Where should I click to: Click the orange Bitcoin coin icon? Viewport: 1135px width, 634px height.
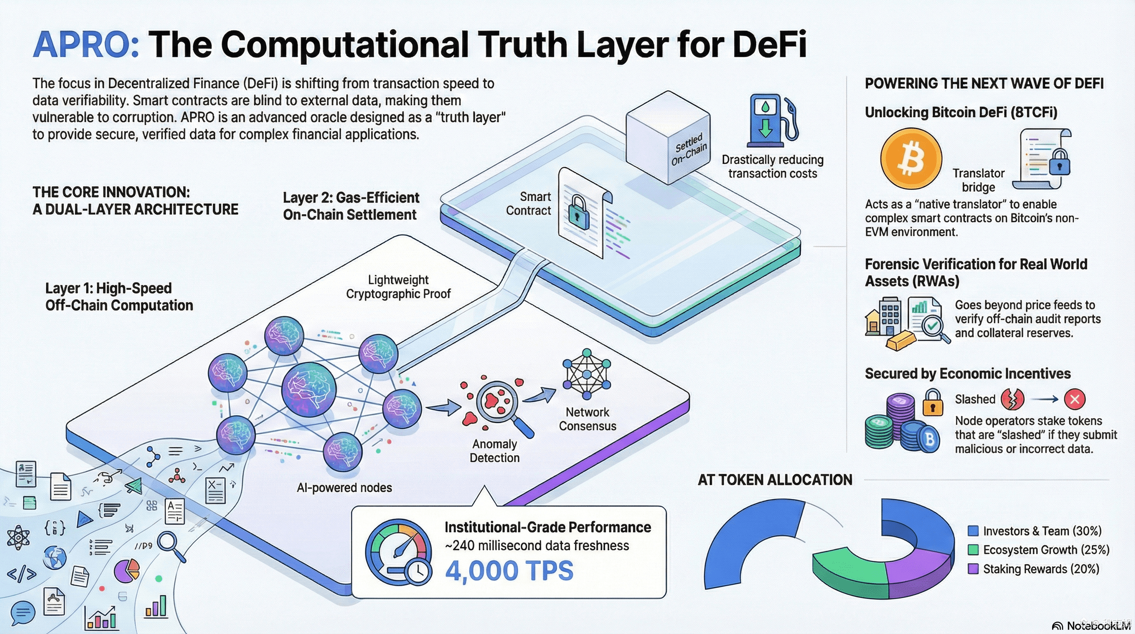911,159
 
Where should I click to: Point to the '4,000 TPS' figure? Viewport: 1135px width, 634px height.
509,570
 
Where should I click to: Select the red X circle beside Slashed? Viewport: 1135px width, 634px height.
1075,400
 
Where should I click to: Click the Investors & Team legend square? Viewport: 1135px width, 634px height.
973,531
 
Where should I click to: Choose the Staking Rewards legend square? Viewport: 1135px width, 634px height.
973,569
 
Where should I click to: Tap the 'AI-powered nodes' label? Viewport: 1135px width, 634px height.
344,487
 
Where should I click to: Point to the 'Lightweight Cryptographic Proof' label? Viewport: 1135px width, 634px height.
398,286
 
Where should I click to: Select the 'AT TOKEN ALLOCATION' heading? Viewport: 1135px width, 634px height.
775,480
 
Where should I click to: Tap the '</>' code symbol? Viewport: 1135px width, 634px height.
21,574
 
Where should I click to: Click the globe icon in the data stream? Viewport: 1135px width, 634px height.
55,557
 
